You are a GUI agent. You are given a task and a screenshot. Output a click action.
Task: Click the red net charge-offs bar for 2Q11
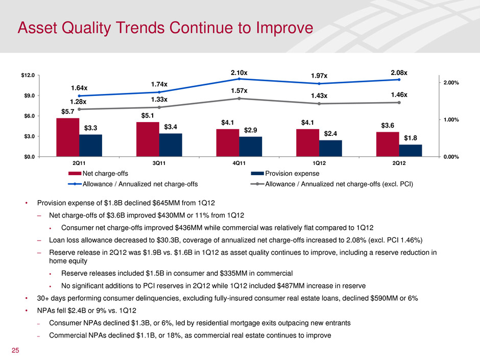click(x=67, y=137)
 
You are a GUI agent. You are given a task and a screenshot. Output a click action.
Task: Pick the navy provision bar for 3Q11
click(x=170, y=145)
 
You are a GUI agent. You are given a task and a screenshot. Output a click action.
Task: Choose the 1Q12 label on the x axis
click(x=319, y=163)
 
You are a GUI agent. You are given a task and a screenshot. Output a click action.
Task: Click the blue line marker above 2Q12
click(x=399, y=80)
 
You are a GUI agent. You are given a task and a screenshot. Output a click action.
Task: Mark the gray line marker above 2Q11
click(x=79, y=109)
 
